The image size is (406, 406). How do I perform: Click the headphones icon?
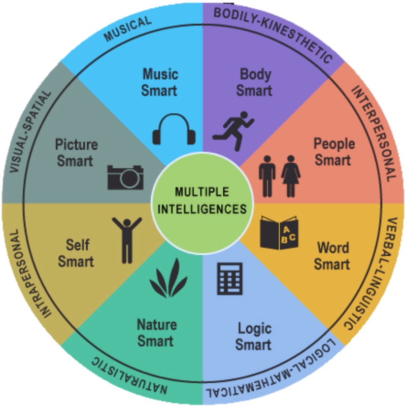[174, 129]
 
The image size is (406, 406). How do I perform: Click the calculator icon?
[229, 279]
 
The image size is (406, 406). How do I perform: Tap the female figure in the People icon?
[291, 176]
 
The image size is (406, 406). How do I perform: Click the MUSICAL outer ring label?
[127, 29]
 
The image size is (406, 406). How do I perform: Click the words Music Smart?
[159, 82]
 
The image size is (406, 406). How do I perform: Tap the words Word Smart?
[333, 256]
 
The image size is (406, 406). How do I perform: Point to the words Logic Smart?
[253, 336]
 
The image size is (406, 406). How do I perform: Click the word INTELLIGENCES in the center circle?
[202, 208]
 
